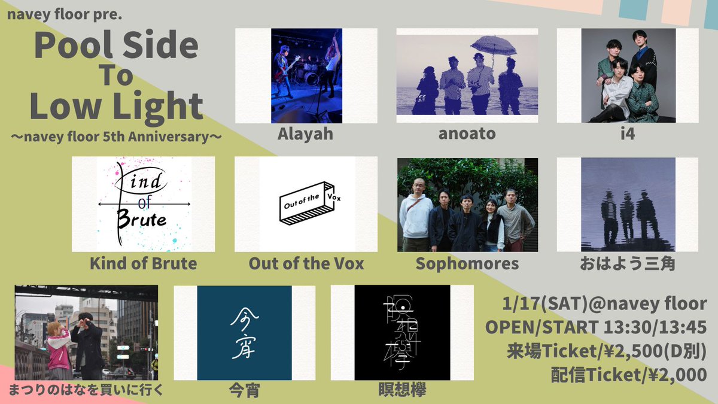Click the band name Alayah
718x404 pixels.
click(x=305, y=133)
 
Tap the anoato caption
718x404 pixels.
click(x=466, y=133)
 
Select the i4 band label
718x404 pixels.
click(x=628, y=133)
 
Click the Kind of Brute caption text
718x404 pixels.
click(x=143, y=263)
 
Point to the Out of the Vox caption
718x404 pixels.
click(x=306, y=263)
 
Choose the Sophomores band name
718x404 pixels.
click(x=467, y=263)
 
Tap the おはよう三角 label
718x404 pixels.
click(x=628, y=263)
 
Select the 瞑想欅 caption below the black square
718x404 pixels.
click(x=402, y=391)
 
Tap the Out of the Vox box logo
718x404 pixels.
click(x=306, y=203)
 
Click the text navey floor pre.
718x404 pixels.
click(x=65, y=13)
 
